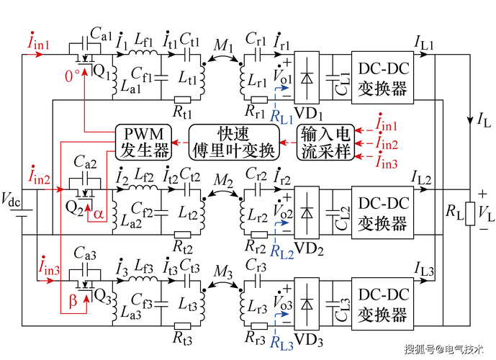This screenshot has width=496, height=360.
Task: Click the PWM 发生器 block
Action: click(143, 142)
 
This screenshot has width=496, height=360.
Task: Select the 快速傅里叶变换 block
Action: click(234, 142)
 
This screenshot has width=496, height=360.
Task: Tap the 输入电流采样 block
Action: click(325, 143)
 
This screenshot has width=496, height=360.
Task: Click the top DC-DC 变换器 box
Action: click(382, 78)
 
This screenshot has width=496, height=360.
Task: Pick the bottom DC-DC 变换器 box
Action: click(382, 304)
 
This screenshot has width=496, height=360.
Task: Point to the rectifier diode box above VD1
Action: click(307, 78)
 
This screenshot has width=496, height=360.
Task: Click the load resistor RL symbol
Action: click(470, 214)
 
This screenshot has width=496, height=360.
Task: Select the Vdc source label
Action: click(11, 199)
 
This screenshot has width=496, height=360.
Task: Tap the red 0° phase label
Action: click(72, 76)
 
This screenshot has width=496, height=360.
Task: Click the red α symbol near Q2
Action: click(99, 214)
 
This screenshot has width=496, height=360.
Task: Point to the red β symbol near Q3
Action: click(73, 301)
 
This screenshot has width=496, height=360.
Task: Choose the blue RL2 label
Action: click(281, 252)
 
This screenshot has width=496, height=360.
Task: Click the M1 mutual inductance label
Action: click(223, 45)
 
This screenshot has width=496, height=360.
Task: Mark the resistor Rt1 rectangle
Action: click(183, 100)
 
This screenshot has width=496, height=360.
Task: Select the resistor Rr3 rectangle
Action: click(259, 326)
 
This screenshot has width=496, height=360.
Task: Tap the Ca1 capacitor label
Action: click(102, 34)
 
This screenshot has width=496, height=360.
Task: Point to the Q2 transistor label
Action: click(75, 208)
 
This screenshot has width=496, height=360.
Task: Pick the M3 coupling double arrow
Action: click(222, 284)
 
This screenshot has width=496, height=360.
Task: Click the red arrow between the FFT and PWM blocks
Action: click(180, 143)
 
